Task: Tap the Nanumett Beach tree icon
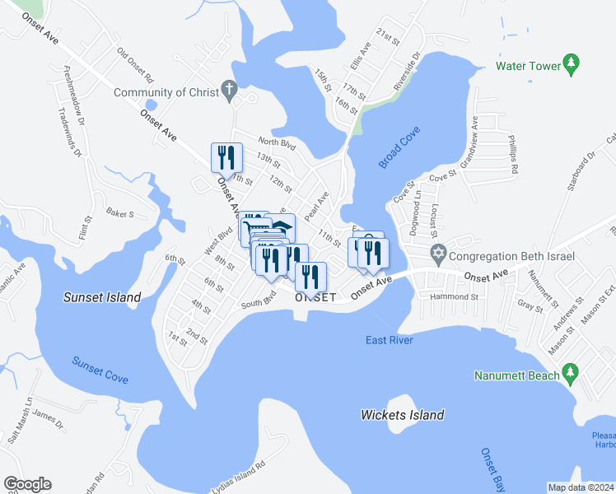coord(569,375)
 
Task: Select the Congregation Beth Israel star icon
coord(438,255)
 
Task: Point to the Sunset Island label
coord(102,297)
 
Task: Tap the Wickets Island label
coord(403,415)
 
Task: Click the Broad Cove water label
coord(400,148)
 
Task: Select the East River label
coord(390,340)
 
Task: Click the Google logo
coord(27,484)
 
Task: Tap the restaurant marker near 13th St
coord(225,156)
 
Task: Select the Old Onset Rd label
coord(136,67)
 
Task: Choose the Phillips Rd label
coord(513,157)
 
